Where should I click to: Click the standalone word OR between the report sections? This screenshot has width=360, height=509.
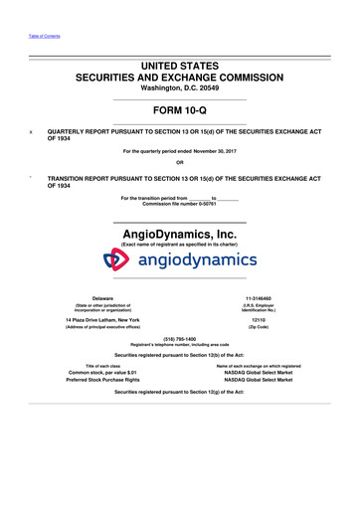(180, 162)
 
